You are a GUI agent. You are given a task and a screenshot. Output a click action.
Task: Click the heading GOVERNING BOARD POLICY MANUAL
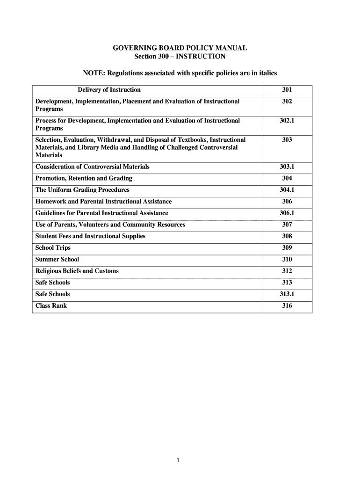tap(180, 48)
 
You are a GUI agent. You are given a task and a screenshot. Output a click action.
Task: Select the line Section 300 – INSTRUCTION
tap(180, 57)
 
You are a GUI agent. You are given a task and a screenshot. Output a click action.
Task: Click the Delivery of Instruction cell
tap(109, 90)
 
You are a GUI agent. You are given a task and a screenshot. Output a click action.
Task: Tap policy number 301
tap(287, 90)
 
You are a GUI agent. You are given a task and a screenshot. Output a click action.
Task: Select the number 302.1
tap(287, 121)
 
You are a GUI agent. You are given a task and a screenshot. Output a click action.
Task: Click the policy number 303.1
tap(287, 167)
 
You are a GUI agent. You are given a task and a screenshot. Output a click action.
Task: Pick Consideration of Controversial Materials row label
tap(93, 167)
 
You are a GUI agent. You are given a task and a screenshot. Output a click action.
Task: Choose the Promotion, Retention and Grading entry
tap(84, 178)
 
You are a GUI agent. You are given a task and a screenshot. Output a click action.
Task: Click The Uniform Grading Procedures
tap(82, 190)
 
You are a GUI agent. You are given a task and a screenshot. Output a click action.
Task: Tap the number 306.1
tap(287, 213)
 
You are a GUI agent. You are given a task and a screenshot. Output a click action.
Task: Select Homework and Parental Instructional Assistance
tap(103, 202)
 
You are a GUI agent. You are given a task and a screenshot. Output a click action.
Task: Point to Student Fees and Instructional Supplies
tap(90, 236)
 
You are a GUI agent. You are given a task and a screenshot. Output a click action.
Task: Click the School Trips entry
tap(53, 248)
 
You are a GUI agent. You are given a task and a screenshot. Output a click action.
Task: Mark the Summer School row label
tap(57, 260)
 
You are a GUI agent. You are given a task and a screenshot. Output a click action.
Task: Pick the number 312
tap(287, 271)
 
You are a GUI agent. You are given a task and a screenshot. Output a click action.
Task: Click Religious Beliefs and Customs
tap(77, 271)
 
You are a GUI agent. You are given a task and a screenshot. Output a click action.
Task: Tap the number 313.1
tap(287, 294)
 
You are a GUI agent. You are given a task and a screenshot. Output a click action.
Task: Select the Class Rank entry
tap(51, 306)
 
